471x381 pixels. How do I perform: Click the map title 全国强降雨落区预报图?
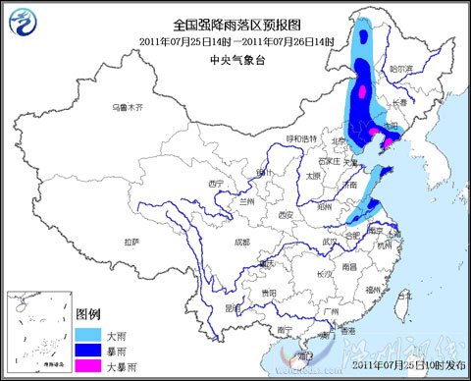pos(236,25)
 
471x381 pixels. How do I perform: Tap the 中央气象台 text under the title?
pos(236,59)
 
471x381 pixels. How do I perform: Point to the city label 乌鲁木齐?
pos(127,106)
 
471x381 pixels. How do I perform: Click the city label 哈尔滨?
pos(400,69)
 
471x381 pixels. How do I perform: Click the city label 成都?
pos(241,242)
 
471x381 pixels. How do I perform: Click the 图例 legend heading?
pos(89,314)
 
